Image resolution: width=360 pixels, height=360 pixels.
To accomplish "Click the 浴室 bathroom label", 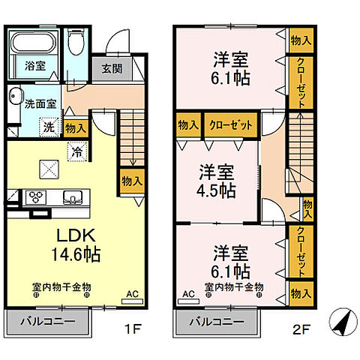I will point(35,65).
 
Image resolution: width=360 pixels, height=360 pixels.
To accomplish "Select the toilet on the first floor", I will point(76,44).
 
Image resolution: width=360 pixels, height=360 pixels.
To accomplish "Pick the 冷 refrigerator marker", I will point(78,150).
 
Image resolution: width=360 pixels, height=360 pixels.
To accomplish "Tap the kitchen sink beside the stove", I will point(72,198).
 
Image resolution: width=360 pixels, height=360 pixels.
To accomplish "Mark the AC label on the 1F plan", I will point(132,294).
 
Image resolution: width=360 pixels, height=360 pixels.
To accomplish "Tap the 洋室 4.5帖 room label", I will point(216,180).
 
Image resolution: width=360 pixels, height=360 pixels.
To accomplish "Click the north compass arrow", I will point(341,324).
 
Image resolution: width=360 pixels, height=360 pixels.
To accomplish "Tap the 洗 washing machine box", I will point(48,128).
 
